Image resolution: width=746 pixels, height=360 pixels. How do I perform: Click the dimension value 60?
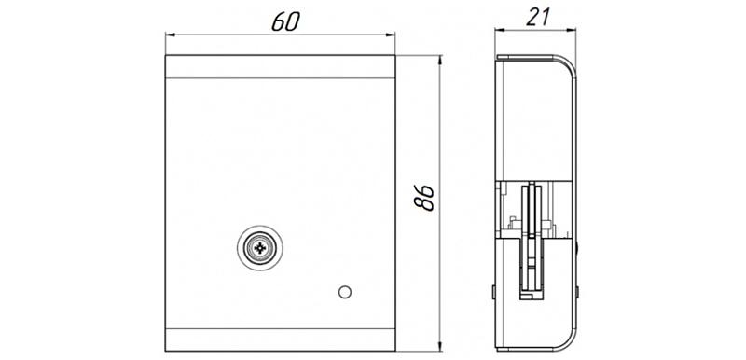click(286, 21)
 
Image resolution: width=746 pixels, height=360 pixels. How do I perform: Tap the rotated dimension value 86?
click(424, 198)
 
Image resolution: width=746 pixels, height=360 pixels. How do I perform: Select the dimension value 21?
click(538, 17)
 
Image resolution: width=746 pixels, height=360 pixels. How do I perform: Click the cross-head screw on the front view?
click(260, 248)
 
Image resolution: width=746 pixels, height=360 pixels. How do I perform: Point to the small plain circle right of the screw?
click(345, 292)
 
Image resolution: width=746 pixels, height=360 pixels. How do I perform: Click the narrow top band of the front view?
click(281, 66)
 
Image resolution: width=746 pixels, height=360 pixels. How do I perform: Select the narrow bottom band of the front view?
click(281, 339)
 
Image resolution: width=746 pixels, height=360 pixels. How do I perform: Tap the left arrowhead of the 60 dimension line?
click(171, 35)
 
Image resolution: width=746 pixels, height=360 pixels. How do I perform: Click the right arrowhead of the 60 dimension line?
click(391, 35)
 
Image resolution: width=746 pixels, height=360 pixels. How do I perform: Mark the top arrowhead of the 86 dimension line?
click(440, 61)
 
